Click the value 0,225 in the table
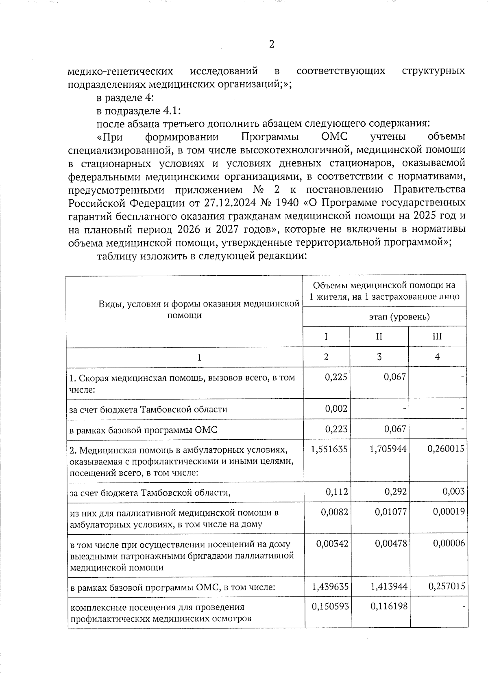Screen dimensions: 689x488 336,377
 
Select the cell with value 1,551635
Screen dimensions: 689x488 329,449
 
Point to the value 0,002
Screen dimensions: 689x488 336,409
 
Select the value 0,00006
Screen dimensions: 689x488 449,544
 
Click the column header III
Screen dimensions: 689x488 437,337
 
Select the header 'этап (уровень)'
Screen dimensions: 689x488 385,317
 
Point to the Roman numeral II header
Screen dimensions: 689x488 379,337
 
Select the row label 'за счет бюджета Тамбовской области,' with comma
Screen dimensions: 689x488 150,493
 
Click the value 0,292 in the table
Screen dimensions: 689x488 395,492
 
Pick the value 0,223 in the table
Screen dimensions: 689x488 336,429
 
